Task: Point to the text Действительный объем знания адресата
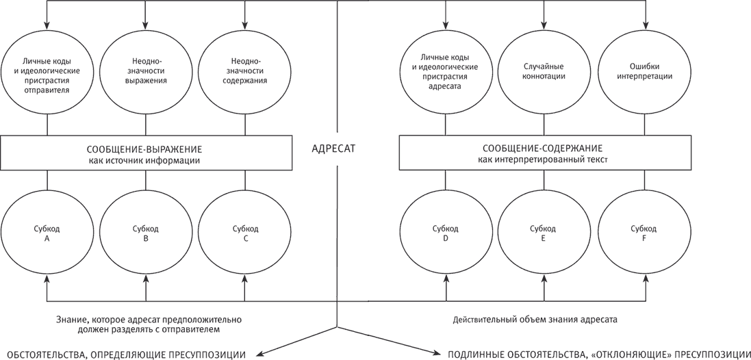pyautogui.click(x=535, y=318)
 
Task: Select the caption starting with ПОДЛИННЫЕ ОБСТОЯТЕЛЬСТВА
pyautogui.click(x=599, y=355)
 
